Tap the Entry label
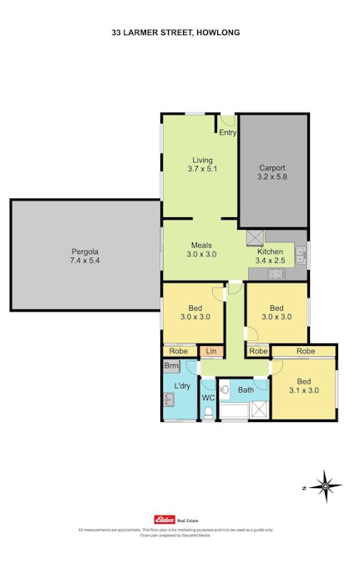click(227, 132)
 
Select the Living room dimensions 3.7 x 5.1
click(201, 170)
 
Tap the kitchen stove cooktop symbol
click(275, 274)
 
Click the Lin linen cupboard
click(210, 352)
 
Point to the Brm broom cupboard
click(171, 366)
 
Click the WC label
click(208, 399)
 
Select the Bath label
click(246, 390)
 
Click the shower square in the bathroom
click(261, 410)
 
